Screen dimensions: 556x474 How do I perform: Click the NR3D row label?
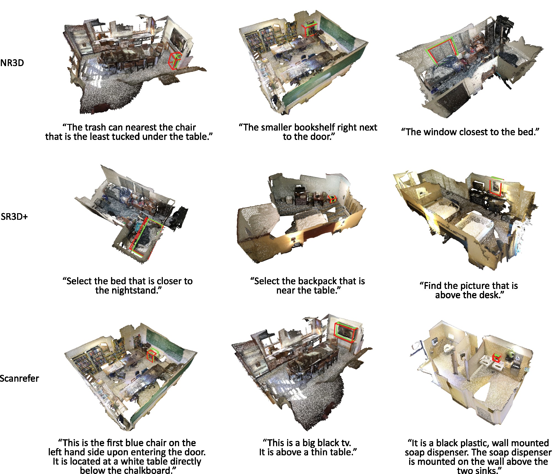coord(12,63)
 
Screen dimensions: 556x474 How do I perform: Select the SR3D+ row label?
coord(14,216)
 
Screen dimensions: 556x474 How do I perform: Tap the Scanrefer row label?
coord(19,378)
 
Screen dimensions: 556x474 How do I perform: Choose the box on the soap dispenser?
coord(496,358)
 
